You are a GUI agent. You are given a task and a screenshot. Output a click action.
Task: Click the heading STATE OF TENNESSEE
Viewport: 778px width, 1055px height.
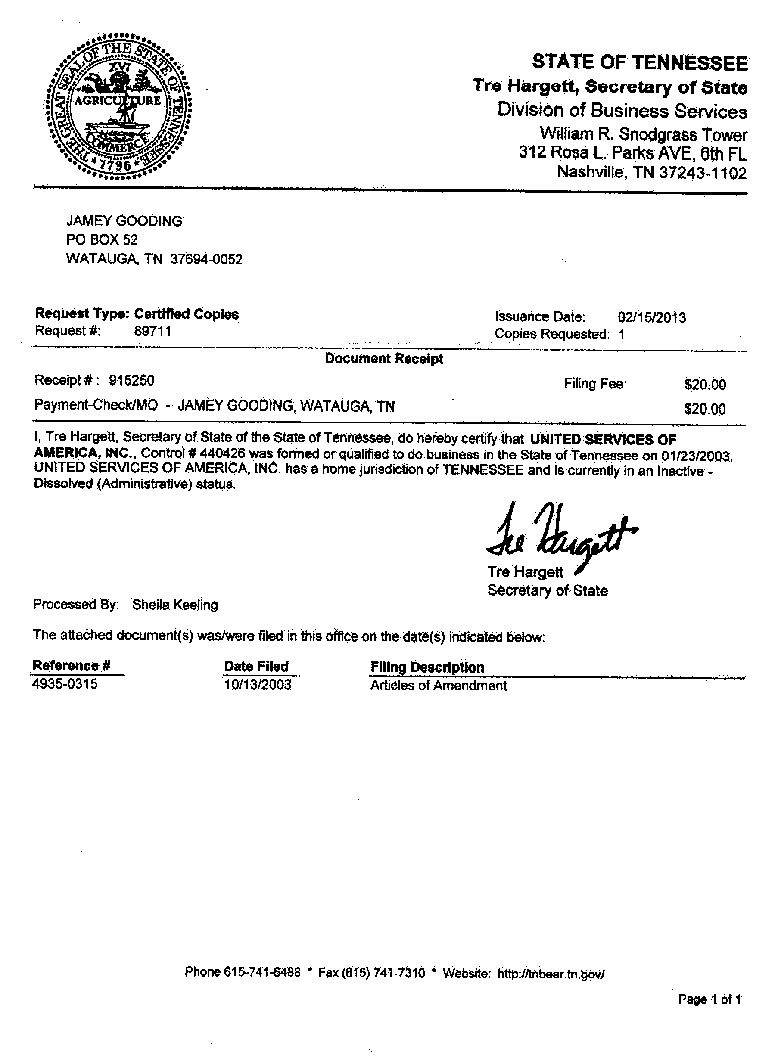click(640, 63)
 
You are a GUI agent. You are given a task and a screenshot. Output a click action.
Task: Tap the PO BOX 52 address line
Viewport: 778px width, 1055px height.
click(102, 240)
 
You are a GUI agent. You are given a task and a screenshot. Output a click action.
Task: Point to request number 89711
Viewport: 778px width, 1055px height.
click(152, 332)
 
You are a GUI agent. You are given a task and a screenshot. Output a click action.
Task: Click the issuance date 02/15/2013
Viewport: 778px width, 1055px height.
click(652, 317)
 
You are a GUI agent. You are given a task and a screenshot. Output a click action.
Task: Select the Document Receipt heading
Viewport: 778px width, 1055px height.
click(384, 359)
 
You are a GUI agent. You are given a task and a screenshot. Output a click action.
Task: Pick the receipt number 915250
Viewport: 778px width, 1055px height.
click(131, 380)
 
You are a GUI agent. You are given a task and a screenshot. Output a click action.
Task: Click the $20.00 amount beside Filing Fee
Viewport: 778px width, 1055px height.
click(704, 385)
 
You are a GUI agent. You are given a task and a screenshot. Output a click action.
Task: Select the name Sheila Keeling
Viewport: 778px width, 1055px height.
click(175, 605)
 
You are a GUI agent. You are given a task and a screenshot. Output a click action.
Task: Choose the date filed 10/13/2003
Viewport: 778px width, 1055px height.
click(258, 685)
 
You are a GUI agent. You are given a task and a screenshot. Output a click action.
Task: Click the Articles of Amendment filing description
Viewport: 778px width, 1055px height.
click(438, 686)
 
